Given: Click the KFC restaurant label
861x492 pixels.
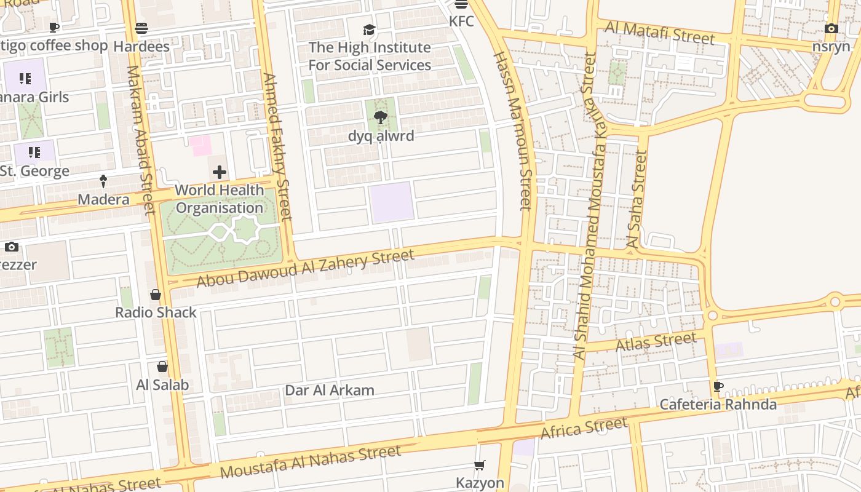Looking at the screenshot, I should (x=461, y=22).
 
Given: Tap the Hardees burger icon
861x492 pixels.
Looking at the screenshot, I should (x=141, y=28).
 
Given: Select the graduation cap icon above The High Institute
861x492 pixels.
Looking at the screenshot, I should (x=369, y=30).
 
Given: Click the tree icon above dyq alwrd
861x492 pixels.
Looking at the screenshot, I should (x=380, y=117).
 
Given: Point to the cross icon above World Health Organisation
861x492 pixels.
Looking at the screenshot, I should (x=220, y=172).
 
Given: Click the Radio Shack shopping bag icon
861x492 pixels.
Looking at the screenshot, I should (x=156, y=295).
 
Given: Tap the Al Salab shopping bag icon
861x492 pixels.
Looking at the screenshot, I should (x=162, y=367).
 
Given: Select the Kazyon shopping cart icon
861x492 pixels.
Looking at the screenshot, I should (x=480, y=466).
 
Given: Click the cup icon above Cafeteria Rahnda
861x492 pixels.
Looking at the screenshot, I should (x=718, y=387).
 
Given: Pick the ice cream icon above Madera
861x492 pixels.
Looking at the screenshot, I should (x=103, y=181).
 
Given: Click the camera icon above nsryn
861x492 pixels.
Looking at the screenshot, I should (x=831, y=29).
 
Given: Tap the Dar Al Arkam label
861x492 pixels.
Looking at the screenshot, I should (x=330, y=391).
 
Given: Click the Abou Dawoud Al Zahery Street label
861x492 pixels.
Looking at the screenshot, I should (x=305, y=268).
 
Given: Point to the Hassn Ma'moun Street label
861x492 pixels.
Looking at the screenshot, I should (x=512, y=130).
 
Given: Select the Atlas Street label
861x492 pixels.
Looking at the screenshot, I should (x=656, y=341).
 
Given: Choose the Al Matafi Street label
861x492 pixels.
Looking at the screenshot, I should (x=660, y=33).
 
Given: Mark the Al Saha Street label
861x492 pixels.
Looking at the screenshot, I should (x=637, y=199).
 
